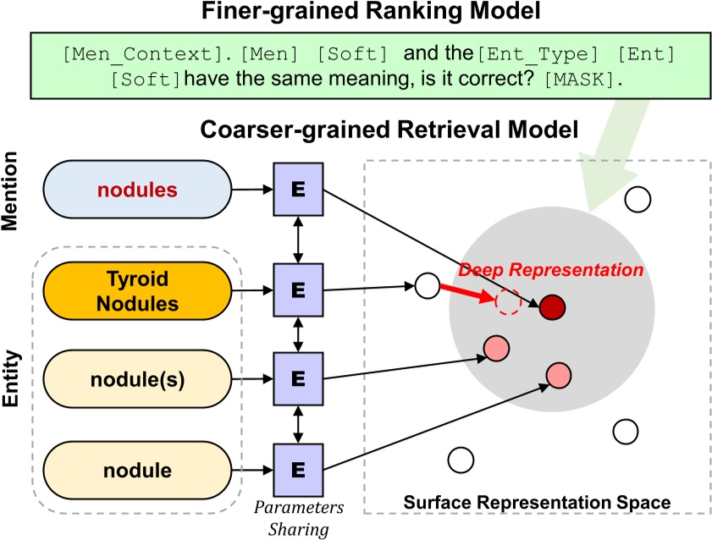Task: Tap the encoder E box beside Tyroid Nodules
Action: tap(296, 290)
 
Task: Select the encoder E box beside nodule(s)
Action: tap(296, 379)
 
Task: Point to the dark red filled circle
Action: tap(552, 306)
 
